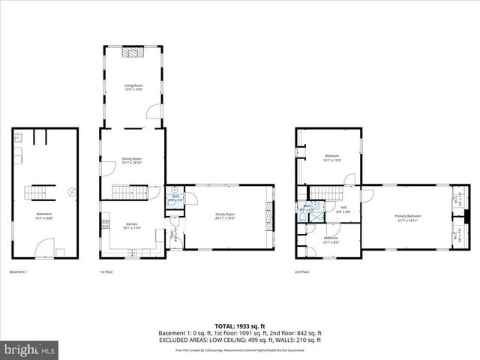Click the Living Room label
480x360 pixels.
click(x=133, y=88)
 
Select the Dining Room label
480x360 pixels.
click(x=132, y=160)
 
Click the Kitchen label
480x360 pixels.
click(x=131, y=226)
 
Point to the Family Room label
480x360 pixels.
click(x=226, y=217)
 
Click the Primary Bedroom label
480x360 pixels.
click(x=411, y=218)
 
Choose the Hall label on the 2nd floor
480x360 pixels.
click(x=343, y=210)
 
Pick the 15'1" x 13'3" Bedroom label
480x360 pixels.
click(x=332, y=157)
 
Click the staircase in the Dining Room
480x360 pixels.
click(x=127, y=192)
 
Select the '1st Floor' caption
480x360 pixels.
click(x=106, y=271)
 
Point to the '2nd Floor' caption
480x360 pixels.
click(x=302, y=271)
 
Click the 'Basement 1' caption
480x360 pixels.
click(x=18, y=271)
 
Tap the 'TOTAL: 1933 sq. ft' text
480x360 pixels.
click(x=239, y=327)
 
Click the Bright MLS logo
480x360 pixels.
click(x=30, y=349)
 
